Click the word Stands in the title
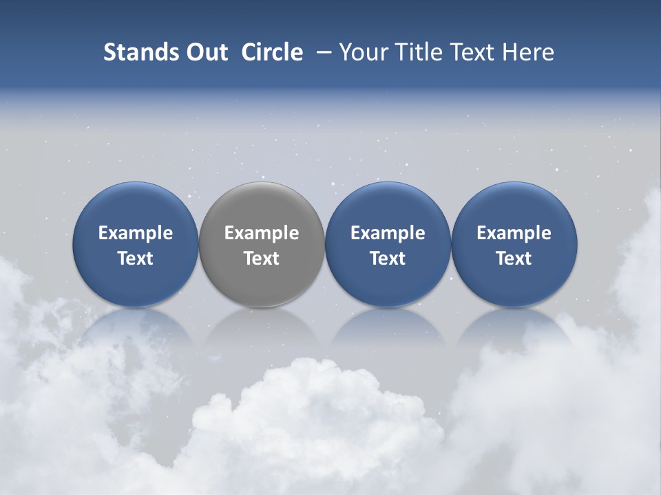tap(132, 52)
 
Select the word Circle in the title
tap(272, 52)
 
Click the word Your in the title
tap(361, 52)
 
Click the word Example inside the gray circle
tap(262, 233)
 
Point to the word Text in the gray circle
tap(262, 258)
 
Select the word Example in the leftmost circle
tap(136, 233)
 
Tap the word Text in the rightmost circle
tap(514, 258)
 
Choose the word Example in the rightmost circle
tap(514, 233)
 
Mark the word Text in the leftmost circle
tap(136, 258)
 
